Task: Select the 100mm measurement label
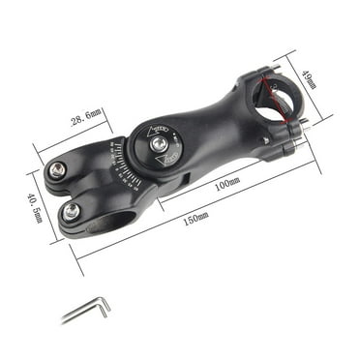tap(228, 183)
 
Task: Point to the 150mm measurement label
tap(195, 218)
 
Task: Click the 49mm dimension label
tap(309, 77)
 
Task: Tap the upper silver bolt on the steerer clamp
tap(58, 170)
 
